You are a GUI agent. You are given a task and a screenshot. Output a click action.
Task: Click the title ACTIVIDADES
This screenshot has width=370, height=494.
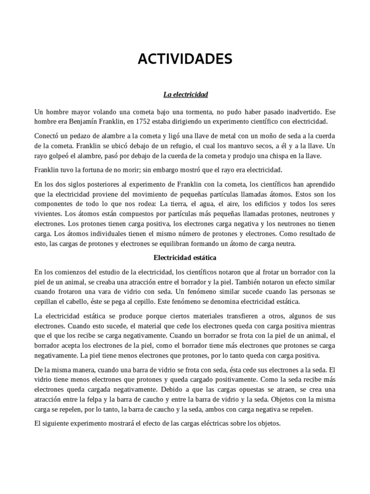tap(185, 59)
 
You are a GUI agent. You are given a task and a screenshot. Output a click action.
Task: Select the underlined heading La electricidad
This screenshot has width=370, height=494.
tap(185, 95)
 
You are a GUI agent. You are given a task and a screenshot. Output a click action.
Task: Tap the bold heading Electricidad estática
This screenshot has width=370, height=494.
tap(185, 258)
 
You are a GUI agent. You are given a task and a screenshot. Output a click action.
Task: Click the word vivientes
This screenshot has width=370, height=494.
tap(47, 213)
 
